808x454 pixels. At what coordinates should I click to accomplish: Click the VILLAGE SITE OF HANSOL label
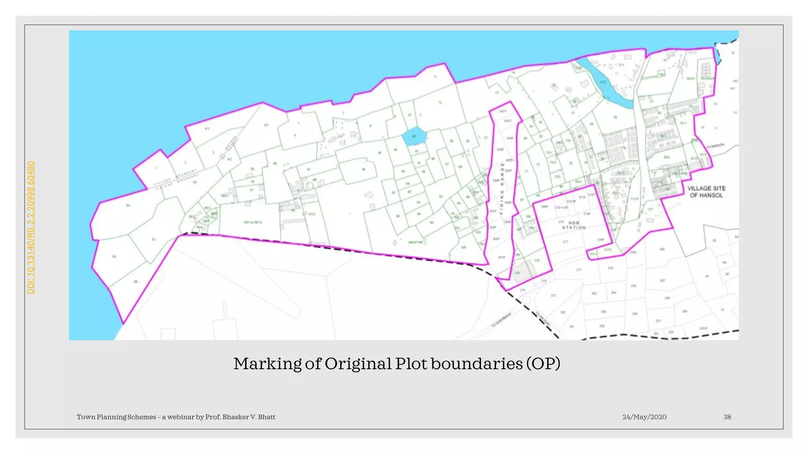click(x=706, y=192)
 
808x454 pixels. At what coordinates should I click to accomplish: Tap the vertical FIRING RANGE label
click(x=502, y=188)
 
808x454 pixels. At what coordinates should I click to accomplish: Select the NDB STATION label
click(x=574, y=225)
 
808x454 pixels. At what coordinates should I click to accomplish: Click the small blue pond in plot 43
click(x=414, y=136)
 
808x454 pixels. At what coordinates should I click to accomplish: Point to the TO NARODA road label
click(x=715, y=146)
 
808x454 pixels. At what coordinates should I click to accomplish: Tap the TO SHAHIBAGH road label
click(x=501, y=320)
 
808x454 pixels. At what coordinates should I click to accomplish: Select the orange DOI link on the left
click(x=31, y=227)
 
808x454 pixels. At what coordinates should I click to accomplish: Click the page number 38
click(x=727, y=417)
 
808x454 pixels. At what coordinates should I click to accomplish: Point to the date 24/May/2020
click(x=644, y=417)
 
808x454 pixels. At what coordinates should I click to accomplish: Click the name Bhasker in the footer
click(x=235, y=417)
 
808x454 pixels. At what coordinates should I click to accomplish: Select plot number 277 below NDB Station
click(x=565, y=242)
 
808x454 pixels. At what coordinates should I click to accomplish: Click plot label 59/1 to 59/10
click(x=253, y=222)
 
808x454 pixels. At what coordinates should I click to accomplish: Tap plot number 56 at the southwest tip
click(x=135, y=281)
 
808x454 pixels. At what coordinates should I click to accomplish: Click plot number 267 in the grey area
click(x=662, y=281)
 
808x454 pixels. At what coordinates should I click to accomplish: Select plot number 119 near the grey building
click(x=537, y=260)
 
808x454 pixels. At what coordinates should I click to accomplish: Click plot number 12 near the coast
click(x=440, y=102)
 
